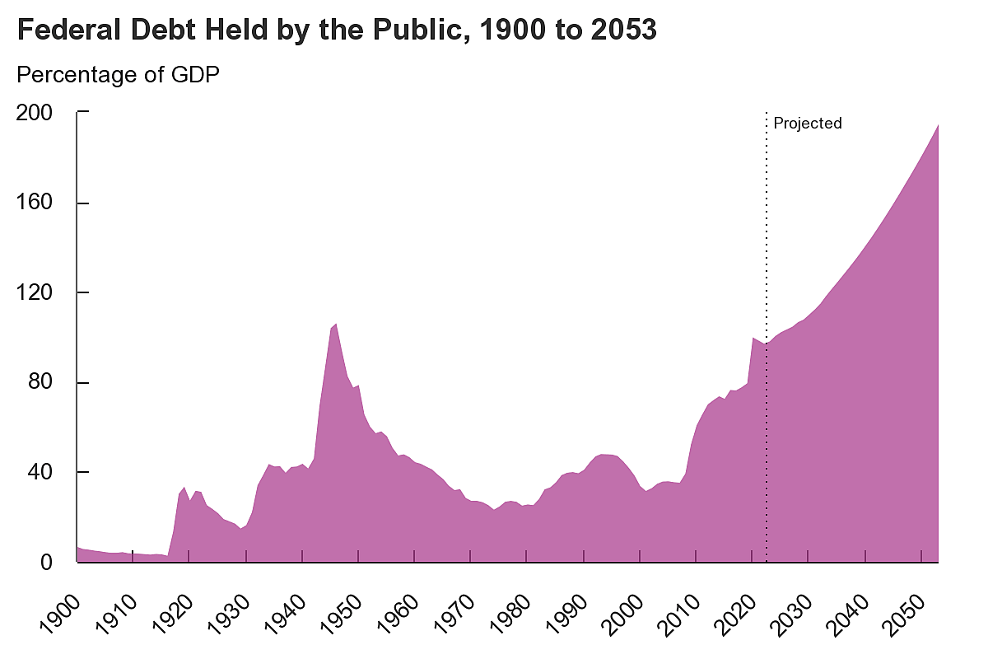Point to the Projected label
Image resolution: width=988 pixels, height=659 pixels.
[x=808, y=124]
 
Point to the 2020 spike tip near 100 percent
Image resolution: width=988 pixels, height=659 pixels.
[x=753, y=338]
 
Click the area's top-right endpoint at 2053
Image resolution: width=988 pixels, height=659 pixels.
[x=938, y=125]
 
